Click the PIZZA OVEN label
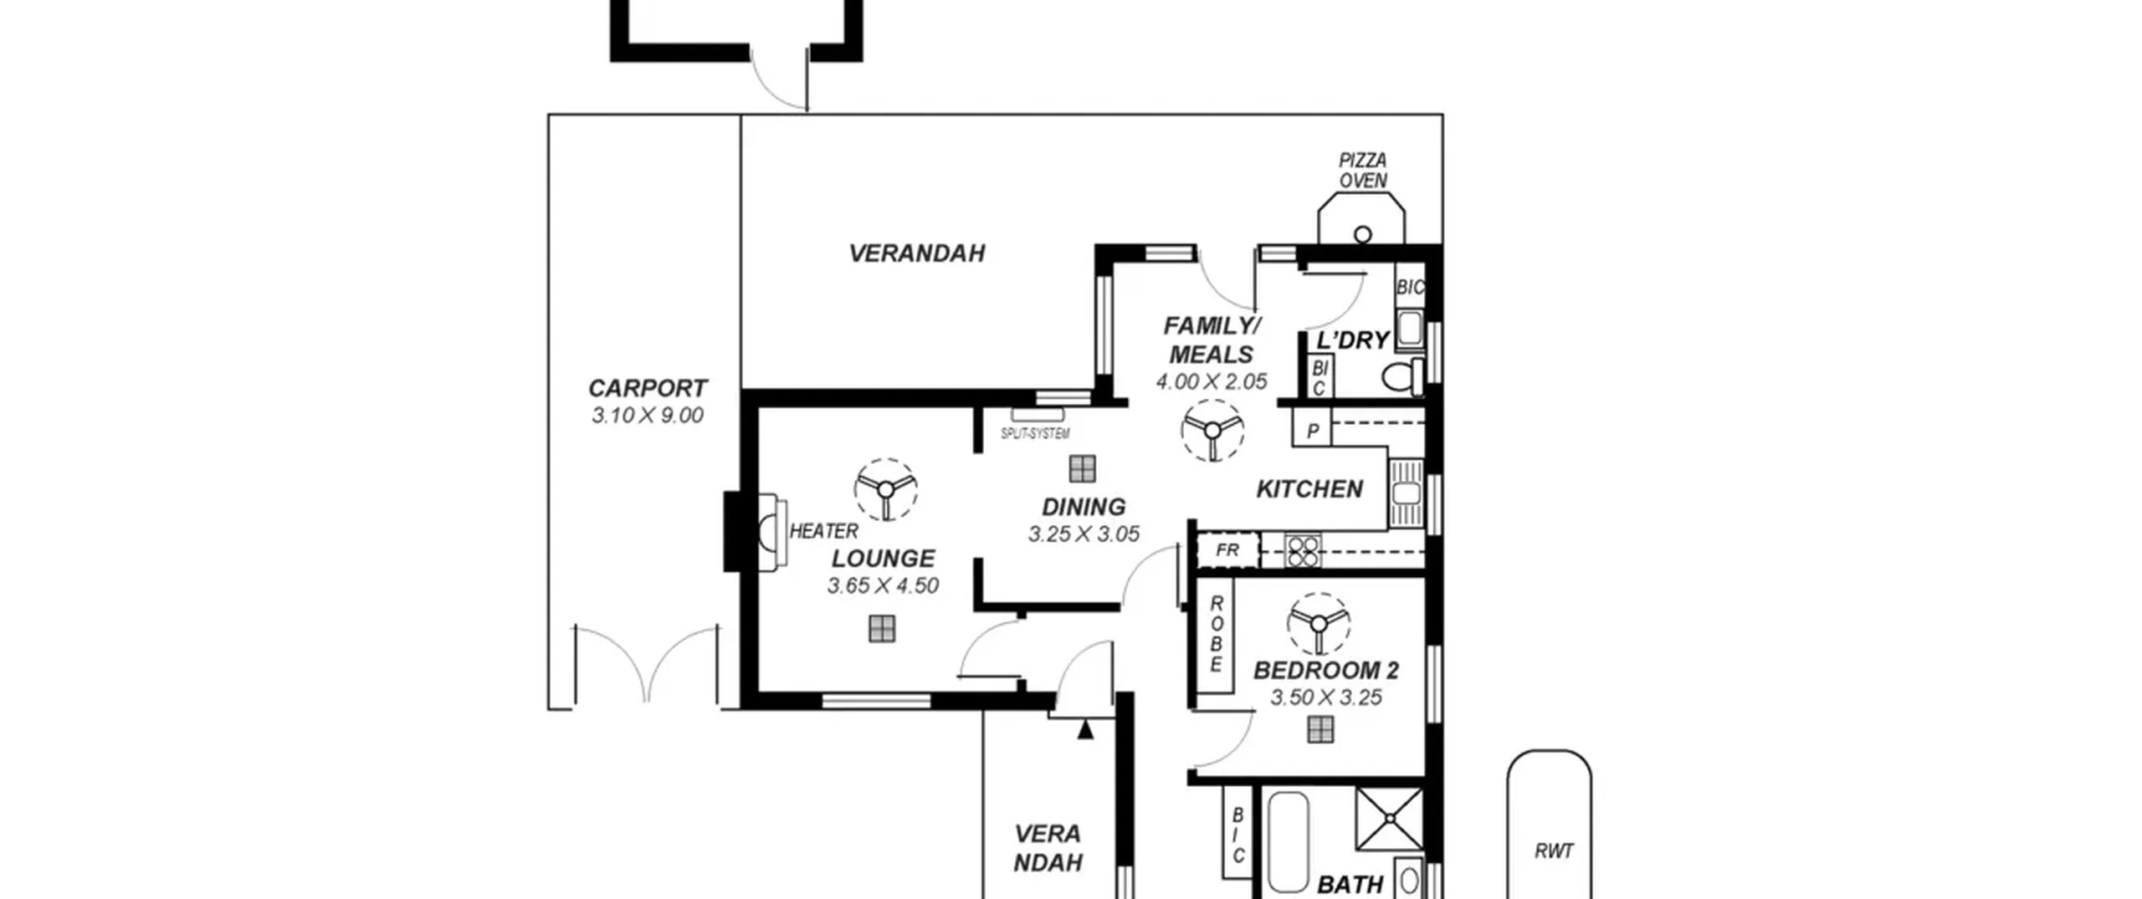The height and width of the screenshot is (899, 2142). pos(1363,170)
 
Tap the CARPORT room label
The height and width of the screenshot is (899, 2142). pos(648,388)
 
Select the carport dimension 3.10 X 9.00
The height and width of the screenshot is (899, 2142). pos(648,415)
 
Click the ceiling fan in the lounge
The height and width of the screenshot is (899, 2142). pos(885,489)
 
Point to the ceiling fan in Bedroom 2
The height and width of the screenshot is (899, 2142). pos(1319,624)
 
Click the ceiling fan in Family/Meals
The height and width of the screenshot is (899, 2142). pos(1212,430)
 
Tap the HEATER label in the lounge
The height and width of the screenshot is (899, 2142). pos(823,531)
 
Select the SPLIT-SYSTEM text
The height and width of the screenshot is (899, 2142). pos(1035,433)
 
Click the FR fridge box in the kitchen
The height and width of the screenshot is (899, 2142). pos(1227,550)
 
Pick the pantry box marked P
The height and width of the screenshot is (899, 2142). pos(1312,429)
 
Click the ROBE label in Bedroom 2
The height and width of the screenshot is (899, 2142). pos(1217,634)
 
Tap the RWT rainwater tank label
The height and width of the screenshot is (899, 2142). pos(1554,851)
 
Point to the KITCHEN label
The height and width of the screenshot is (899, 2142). pos(1309,488)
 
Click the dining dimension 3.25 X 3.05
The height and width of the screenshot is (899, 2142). pos(1084,534)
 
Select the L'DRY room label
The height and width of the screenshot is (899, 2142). pos(1353,340)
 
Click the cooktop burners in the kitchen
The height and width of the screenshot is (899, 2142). pos(1303,551)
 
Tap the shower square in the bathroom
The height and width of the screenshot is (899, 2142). pos(1389,819)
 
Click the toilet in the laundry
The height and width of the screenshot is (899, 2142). pos(1402,376)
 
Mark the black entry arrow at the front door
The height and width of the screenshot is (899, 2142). pos(1085,729)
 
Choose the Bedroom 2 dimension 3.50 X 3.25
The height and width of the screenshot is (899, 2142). pos(1326,697)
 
